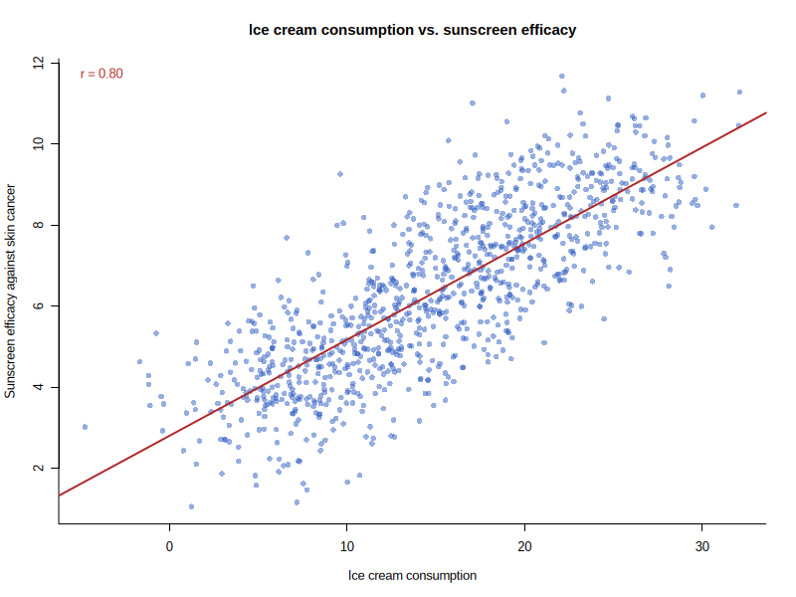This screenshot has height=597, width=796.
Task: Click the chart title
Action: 412,30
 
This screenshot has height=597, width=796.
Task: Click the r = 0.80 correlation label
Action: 101,74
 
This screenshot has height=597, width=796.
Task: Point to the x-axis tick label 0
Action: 169,546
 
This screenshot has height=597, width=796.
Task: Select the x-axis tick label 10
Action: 346,546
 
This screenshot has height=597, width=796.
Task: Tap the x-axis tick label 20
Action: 524,546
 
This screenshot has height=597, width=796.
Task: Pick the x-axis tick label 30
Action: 702,546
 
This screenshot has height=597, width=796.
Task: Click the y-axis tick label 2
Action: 39,468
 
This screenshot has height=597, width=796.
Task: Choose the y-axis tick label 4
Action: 39,387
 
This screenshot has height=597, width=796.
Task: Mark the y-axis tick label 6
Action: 39,306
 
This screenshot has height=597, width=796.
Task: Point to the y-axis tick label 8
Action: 39,225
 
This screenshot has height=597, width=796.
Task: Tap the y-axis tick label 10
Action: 39,143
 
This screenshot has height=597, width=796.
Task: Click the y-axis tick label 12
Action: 39,63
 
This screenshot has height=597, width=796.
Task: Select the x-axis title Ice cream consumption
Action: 412,576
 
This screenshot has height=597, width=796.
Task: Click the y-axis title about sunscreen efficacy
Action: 10,291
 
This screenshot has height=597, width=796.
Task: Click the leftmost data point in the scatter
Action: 85,427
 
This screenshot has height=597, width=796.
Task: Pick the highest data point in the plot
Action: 562,77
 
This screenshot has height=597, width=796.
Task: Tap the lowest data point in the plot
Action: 191,506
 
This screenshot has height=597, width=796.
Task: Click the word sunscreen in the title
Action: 473,30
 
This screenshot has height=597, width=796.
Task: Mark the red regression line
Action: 412,304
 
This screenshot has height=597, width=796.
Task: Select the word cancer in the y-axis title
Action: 10,202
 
